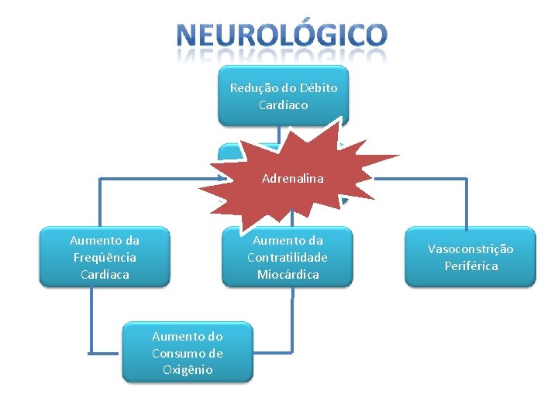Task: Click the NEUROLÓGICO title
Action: coord(281,36)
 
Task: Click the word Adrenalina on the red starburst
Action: coord(292,179)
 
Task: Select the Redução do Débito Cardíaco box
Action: coord(284,97)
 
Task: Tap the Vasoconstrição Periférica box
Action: coord(470,257)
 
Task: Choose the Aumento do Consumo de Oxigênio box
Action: coord(188,353)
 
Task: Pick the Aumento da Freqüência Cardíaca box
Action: coord(105,257)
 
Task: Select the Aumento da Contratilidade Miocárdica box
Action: coord(288,257)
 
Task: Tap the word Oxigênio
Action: coord(188,370)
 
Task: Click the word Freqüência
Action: coord(105,258)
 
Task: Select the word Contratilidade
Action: coord(288,258)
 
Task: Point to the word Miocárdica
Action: coord(288,275)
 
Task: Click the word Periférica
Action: coord(470,266)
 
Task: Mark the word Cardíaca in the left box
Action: coord(105,275)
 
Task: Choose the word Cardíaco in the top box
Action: coord(284,105)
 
